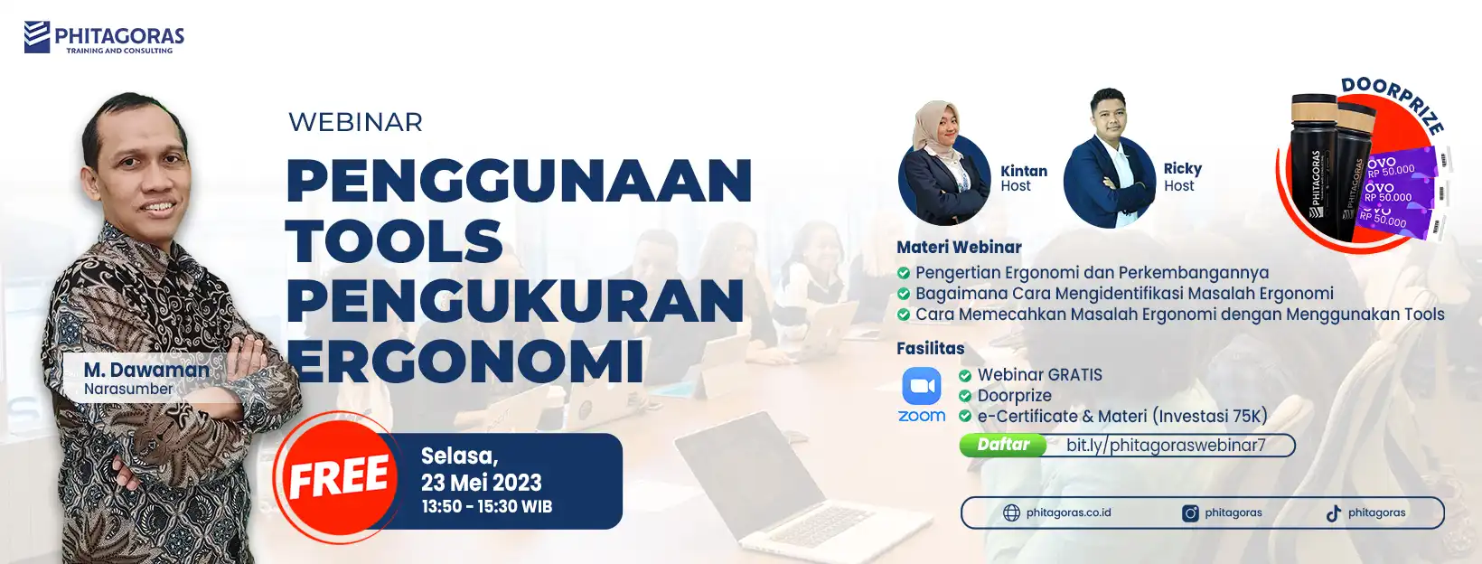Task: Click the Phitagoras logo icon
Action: click(37, 36)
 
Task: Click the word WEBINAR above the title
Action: click(355, 122)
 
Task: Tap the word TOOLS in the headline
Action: click(395, 241)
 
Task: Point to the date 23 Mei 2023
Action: click(482, 483)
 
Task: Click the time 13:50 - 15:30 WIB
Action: click(487, 507)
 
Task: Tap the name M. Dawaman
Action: click(146, 370)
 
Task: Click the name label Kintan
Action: click(1024, 171)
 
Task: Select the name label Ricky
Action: click(1182, 169)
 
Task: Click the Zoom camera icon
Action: click(922, 386)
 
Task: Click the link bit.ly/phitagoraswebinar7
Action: click(1166, 445)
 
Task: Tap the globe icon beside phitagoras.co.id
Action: click(1011, 513)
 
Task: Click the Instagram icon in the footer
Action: click(1190, 513)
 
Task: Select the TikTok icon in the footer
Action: click(1334, 513)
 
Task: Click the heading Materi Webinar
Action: click(960, 247)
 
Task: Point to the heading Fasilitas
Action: click(930, 348)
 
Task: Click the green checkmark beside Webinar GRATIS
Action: click(965, 376)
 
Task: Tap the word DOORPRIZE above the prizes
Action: click(1393, 106)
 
